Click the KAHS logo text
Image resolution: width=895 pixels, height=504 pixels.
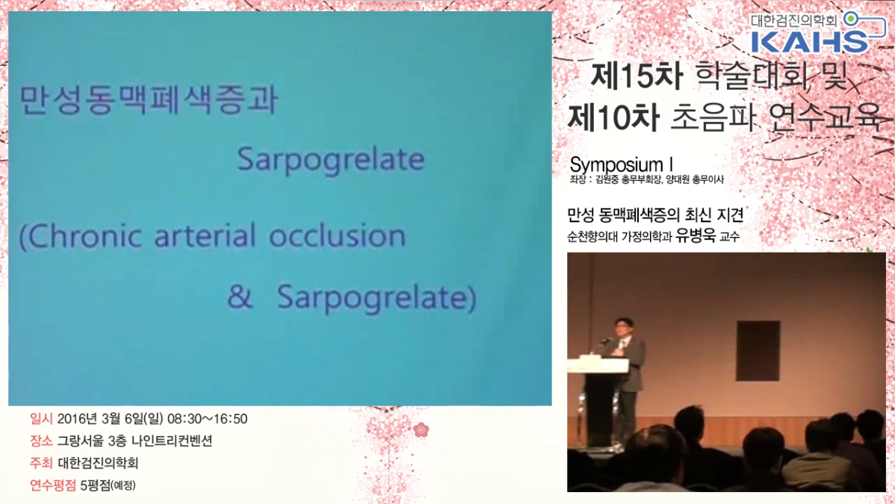point(809,42)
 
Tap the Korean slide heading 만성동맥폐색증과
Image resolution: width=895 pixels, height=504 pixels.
point(149,99)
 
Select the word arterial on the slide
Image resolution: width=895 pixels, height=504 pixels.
point(205,236)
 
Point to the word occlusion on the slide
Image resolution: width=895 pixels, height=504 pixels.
point(338,236)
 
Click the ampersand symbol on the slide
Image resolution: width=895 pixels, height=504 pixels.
point(240,297)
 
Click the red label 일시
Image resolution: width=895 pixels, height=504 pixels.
point(41,419)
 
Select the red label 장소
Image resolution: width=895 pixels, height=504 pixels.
point(41,440)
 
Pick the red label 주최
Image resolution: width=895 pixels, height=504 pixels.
point(41,463)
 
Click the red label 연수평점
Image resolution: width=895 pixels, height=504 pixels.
point(52,485)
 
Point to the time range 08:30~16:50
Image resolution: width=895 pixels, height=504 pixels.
point(207,419)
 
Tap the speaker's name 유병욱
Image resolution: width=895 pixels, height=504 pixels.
point(695,236)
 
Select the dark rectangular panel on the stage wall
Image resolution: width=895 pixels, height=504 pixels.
point(758,351)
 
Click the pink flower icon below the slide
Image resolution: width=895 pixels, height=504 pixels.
point(421,429)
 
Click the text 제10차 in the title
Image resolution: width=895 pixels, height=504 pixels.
point(613,117)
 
